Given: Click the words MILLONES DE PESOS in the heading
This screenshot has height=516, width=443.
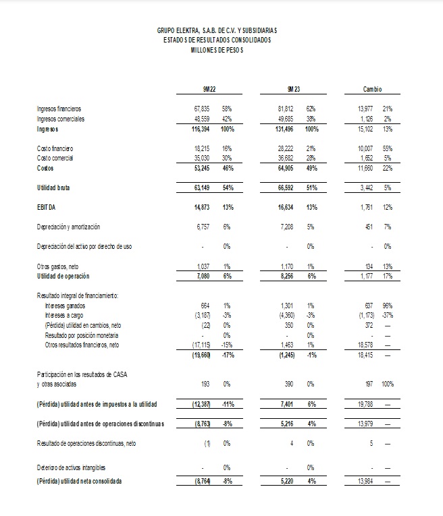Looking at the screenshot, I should tap(216, 51).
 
